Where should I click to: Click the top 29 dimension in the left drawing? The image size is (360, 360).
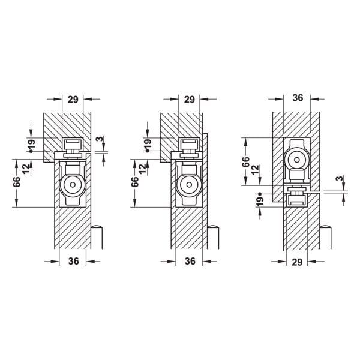pyautogui.click(x=73, y=100)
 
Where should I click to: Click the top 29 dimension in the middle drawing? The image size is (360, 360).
pyautogui.click(x=190, y=100)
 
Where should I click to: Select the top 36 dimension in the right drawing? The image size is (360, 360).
pyautogui.click(x=298, y=98)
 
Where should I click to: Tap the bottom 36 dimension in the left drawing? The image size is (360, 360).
pyautogui.click(x=73, y=261)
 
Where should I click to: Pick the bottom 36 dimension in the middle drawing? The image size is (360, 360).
pyautogui.click(x=190, y=261)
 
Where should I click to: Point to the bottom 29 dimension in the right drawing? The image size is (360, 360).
pyautogui.click(x=297, y=262)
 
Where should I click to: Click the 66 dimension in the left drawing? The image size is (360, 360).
pyautogui.click(x=17, y=182)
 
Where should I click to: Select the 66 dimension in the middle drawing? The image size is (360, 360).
pyautogui.click(x=135, y=182)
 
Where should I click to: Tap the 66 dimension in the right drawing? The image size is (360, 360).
pyautogui.click(x=245, y=162)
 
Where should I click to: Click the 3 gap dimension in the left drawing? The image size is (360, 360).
pyautogui.click(x=100, y=139)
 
